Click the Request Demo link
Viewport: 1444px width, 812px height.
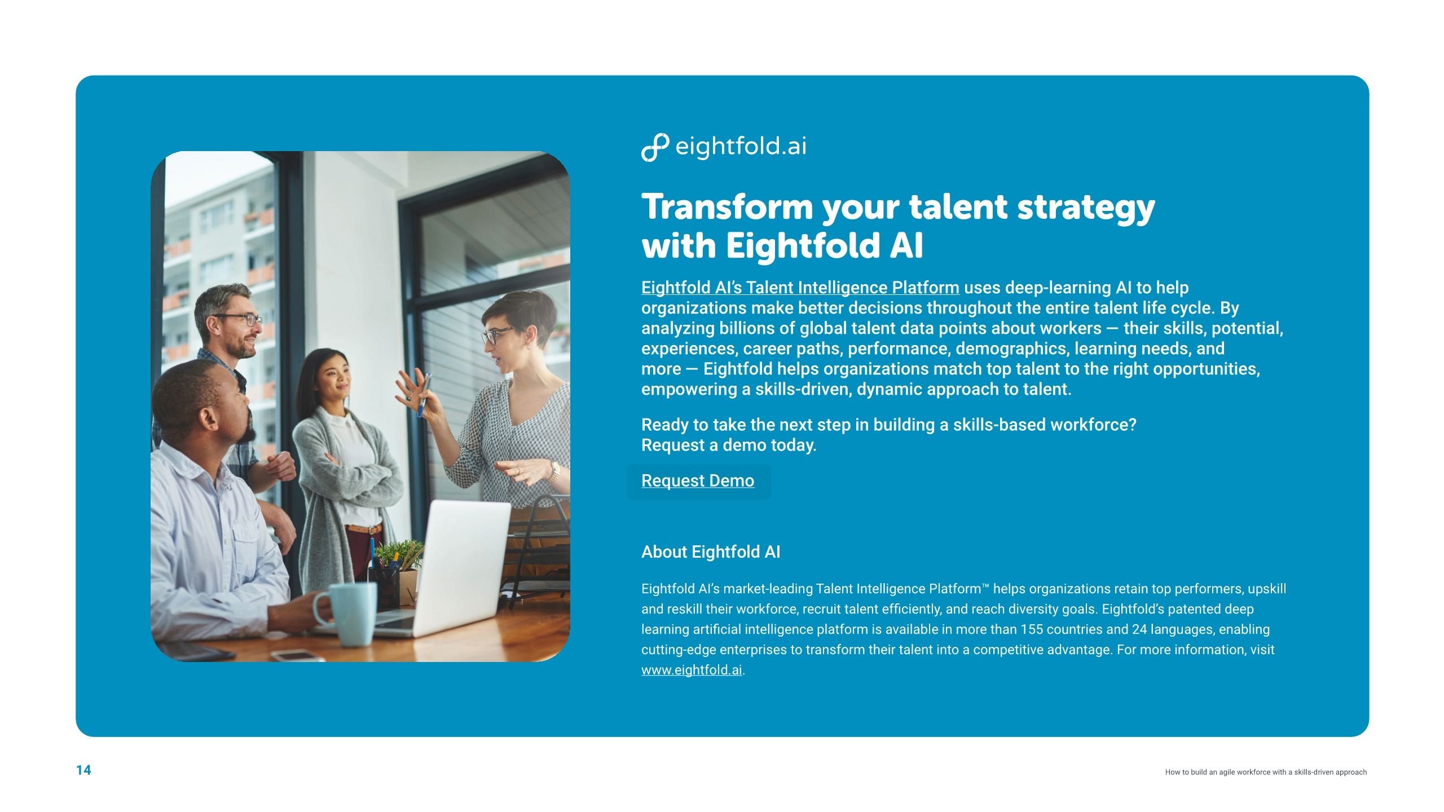(697, 481)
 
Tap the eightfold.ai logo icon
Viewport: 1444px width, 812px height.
(654, 147)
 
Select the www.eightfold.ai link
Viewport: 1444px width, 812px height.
(692, 670)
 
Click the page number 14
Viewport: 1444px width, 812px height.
(83, 770)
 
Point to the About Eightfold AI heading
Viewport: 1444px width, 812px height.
(711, 552)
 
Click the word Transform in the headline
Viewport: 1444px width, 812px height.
(727, 207)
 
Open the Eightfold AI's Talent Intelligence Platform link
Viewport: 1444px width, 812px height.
(800, 288)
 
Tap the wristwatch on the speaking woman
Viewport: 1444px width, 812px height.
(555, 470)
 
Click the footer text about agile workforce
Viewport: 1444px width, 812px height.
(1265, 772)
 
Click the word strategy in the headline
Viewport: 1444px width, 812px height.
(1086, 208)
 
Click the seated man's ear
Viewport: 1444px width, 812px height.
(209, 418)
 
